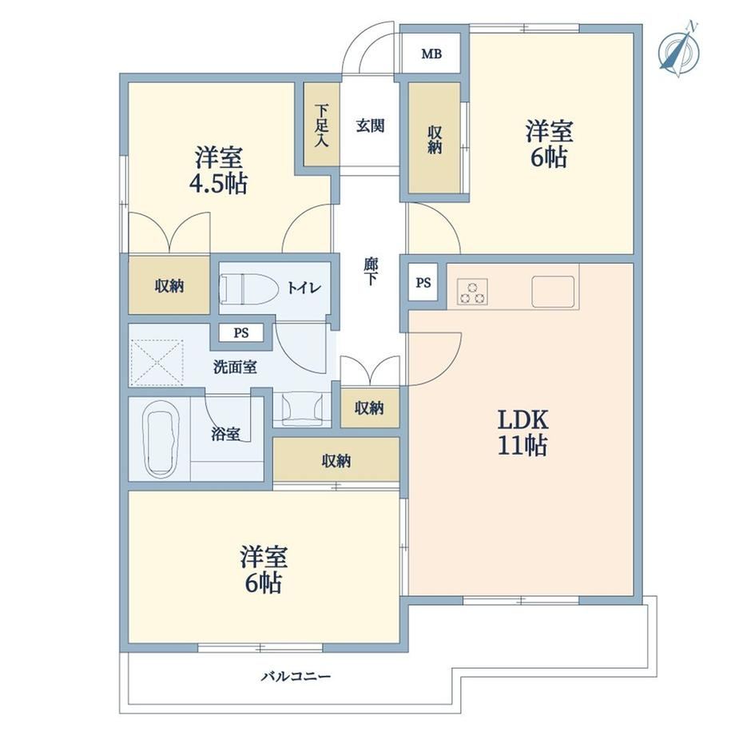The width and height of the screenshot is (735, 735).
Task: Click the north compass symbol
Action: [x=679, y=50]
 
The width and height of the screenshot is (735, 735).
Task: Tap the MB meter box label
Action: [x=431, y=54]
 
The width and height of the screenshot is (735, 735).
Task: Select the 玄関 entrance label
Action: [x=371, y=125]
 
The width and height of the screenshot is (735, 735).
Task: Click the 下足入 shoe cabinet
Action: [x=321, y=124]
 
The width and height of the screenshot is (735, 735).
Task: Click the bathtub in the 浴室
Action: [x=161, y=439]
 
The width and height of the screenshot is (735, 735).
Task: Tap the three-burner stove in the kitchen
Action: [x=472, y=292]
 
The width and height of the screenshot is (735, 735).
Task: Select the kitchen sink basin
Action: [x=553, y=292]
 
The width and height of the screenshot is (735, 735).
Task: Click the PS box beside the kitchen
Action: [x=423, y=283]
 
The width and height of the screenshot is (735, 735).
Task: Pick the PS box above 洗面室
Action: [x=241, y=333]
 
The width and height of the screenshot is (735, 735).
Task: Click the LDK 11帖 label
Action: [x=522, y=432]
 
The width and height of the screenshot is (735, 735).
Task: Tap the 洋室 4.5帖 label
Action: [x=218, y=170]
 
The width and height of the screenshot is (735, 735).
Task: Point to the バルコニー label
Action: [x=296, y=677]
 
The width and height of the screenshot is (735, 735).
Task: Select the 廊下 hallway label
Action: [x=371, y=272]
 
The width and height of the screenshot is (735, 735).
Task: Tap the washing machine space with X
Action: [x=157, y=364]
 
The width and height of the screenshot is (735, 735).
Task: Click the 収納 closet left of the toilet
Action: [x=169, y=285]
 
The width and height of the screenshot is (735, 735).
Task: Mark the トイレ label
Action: [x=304, y=288]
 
